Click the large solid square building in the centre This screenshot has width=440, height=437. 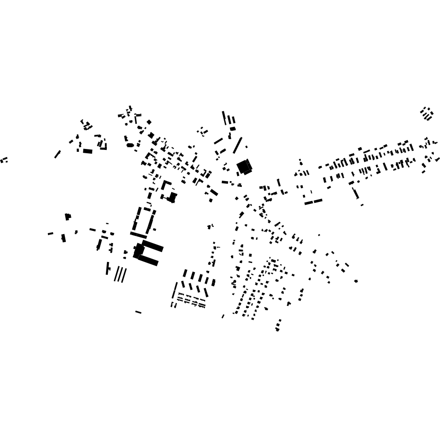coord(244,166)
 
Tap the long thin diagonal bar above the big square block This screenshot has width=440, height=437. coord(238,145)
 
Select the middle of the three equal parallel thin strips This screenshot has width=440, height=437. coord(120,274)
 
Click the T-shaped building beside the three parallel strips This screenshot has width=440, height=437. coord(108,268)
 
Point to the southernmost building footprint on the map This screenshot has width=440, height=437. coord(277,329)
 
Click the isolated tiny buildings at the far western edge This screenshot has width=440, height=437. coord(4,160)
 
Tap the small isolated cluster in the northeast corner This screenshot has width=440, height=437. coord(426,114)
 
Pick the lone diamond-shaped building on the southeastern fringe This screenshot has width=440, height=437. coord(356,281)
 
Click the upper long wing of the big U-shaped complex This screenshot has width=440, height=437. coord(153,245)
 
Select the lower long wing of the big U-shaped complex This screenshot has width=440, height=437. coord(148,260)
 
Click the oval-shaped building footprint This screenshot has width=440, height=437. coord(130,145)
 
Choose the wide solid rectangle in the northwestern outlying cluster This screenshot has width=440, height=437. coord(88,151)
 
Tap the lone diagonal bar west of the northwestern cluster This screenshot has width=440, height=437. coord(57,154)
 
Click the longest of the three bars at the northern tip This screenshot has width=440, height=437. coord(224,118)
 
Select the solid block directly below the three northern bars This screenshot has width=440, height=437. coord(233,129)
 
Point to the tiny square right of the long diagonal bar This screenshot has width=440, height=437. coord(246,147)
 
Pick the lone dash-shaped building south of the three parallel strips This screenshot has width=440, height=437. coord(138,312)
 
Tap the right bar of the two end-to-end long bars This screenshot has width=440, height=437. coord(318,201)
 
